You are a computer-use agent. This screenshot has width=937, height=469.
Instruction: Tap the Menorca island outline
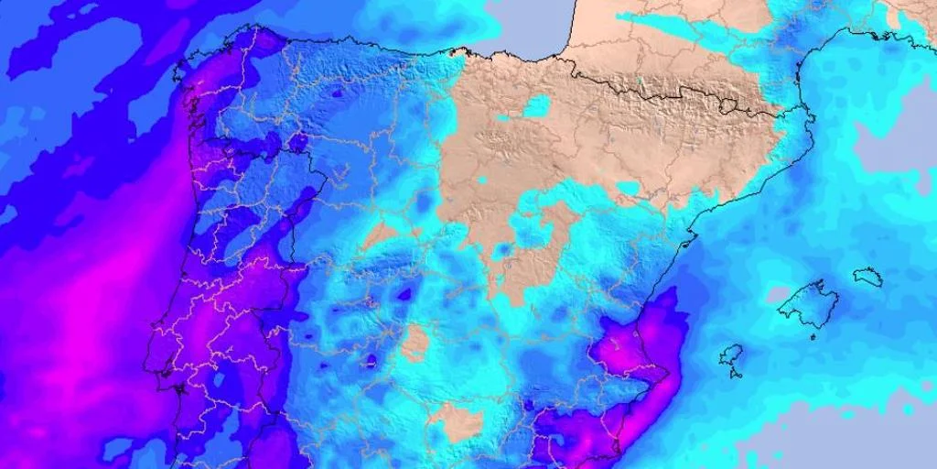point(868,277)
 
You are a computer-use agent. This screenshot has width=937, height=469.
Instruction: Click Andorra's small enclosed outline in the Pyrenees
point(727,106)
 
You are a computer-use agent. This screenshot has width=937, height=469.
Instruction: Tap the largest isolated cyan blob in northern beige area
point(535,105)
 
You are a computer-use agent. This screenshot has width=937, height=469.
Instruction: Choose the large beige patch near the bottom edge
point(456,421)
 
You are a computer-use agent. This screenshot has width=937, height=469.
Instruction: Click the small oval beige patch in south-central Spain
point(416,343)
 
